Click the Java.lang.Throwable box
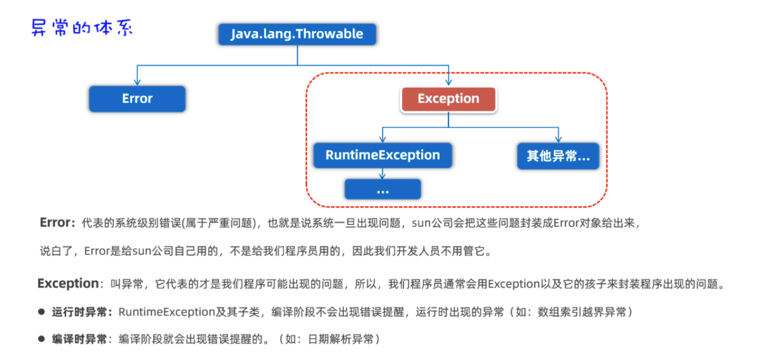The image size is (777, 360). coord(297,34)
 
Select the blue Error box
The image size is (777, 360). coord(137,98)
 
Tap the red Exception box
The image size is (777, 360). coord(448,98)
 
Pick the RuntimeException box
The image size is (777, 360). coord(382,155)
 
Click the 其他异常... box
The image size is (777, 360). coord(558,156)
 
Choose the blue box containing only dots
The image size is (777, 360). coord(382,189)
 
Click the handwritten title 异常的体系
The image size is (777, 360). coord(82,29)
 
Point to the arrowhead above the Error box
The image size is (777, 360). coord(137,82)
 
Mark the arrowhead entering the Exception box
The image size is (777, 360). coord(449,82)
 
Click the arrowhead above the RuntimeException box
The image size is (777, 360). coord(382,138)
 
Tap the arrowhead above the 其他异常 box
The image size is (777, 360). coord(558,138)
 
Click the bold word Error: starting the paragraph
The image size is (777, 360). coord(58,223)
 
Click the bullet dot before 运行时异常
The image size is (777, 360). coord(41,312)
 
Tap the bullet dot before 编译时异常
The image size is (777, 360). coord(41,339)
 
